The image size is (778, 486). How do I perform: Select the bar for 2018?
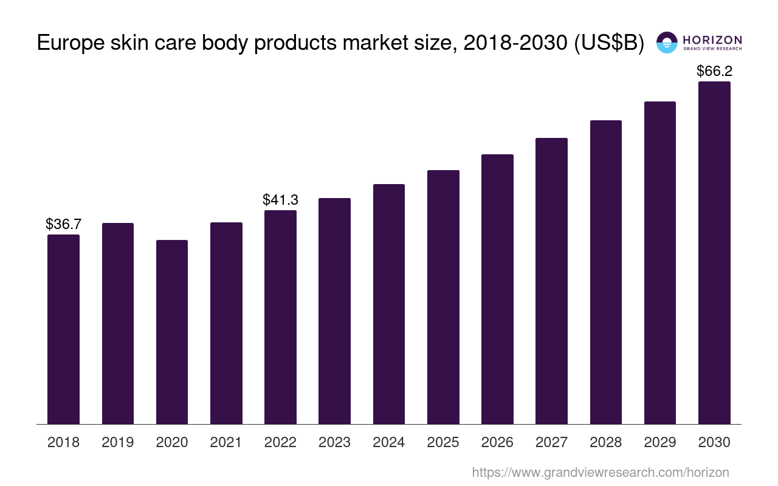[63, 329]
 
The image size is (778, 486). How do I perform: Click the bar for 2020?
[172, 332]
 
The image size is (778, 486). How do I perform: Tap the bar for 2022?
[280, 317]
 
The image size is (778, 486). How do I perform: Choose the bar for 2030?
[714, 252]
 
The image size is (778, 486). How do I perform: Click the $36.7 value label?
[63, 224]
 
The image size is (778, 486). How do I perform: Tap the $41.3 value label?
[280, 199]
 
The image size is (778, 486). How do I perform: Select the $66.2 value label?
[714, 71]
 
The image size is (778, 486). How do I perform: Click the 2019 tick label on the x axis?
[118, 442]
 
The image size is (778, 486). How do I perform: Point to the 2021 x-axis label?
[226, 442]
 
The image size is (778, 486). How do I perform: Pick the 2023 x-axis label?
[334, 442]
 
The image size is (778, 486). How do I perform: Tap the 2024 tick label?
[389, 442]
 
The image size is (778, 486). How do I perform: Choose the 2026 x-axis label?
[497, 442]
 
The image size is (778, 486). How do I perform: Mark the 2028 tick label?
[606, 442]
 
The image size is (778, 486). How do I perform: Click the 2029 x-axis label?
[660, 442]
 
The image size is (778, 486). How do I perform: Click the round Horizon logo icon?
[667, 43]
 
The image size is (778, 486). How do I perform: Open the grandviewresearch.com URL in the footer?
[600, 472]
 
